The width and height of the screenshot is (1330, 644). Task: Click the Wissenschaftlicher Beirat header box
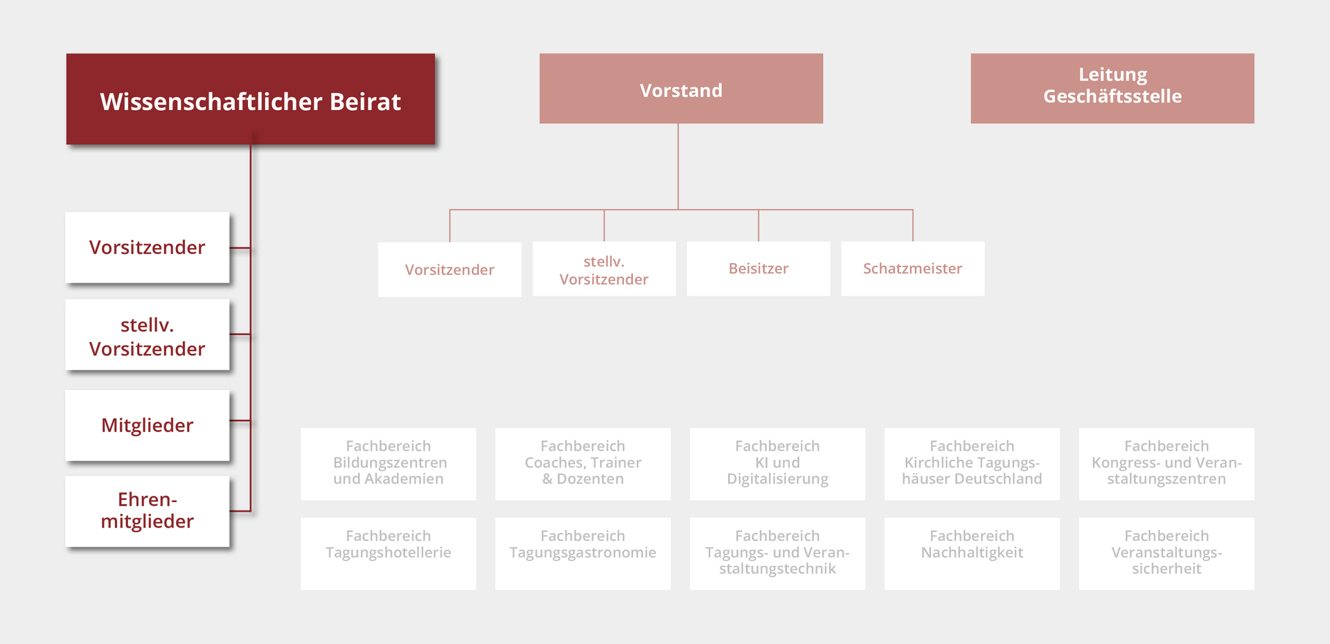pos(250,99)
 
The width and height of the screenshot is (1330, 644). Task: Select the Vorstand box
pos(681,89)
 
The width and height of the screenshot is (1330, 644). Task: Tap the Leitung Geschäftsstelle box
pos(1112,89)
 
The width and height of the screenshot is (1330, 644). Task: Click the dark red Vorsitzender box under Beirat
pos(148,247)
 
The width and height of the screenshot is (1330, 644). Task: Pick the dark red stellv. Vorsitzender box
pos(148,336)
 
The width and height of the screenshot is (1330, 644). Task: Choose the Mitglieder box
pos(148,425)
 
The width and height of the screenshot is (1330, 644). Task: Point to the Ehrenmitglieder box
pos(148,511)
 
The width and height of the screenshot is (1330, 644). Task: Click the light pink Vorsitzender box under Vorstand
pos(450,269)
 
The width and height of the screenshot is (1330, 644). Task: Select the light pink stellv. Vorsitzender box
pos(604,269)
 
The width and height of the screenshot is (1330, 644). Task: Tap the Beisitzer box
pos(759,269)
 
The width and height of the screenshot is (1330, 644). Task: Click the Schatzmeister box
pos(912,269)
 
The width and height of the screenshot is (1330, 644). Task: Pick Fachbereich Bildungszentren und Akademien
pos(389,463)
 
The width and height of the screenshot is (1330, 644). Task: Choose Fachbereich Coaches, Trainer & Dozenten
pos(583,463)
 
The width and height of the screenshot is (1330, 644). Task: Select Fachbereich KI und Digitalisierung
pos(777,463)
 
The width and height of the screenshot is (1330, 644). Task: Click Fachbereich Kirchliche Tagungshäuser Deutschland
pos(972,463)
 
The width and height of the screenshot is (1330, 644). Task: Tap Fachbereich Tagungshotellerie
pos(389,553)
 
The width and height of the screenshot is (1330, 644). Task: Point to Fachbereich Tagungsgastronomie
pos(583,553)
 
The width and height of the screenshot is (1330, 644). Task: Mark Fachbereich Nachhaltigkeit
pos(972,553)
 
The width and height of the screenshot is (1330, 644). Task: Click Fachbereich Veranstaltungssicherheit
pos(1167,553)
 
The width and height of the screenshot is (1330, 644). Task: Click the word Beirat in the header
pos(365,102)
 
